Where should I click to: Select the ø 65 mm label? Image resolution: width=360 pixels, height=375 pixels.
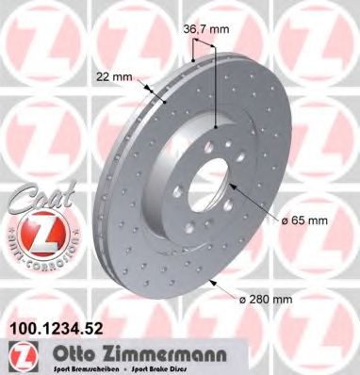[303, 220]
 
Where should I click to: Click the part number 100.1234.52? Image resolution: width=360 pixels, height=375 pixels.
[57, 327]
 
